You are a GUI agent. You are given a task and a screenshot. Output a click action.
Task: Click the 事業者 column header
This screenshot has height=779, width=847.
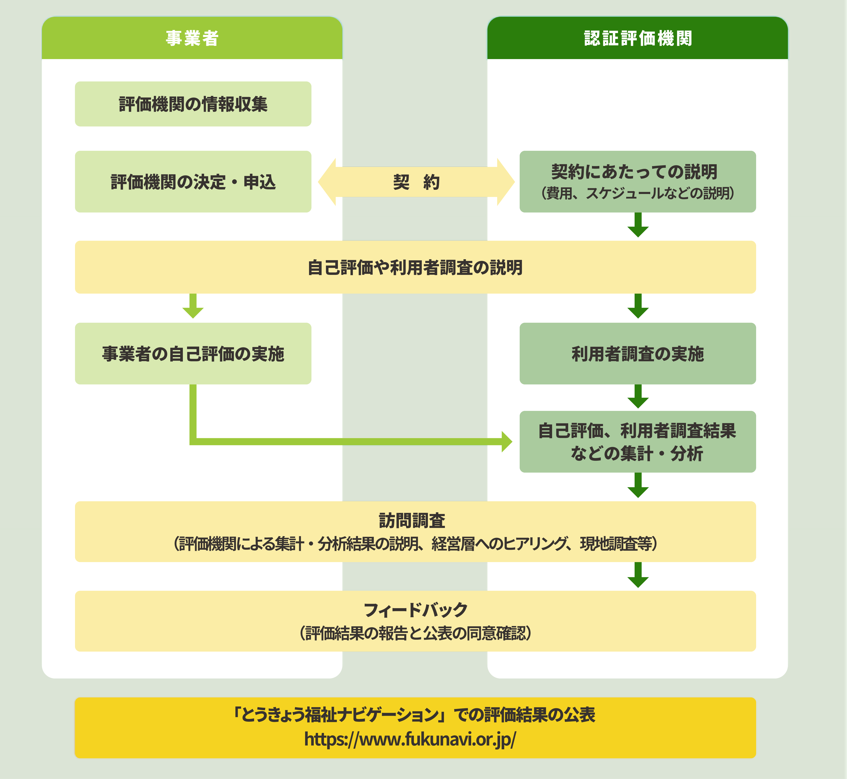(x=192, y=38)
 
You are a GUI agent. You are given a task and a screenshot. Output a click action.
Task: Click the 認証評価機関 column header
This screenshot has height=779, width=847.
(x=637, y=38)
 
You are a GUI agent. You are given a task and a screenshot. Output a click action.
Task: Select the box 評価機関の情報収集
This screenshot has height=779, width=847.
(x=193, y=104)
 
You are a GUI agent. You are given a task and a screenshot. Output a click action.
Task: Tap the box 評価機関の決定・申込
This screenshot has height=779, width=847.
(x=193, y=182)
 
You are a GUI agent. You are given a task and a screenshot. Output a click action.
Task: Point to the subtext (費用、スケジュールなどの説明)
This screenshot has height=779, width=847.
(x=637, y=194)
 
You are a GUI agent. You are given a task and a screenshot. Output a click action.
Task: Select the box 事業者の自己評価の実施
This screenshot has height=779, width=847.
(x=193, y=354)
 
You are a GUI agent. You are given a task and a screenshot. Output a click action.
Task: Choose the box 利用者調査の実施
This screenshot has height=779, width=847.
(x=637, y=354)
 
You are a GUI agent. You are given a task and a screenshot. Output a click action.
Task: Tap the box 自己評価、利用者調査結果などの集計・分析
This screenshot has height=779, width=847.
(x=637, y=442)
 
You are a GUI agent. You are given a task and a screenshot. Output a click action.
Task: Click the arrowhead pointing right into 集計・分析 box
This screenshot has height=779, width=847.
(x=506, y=442)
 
